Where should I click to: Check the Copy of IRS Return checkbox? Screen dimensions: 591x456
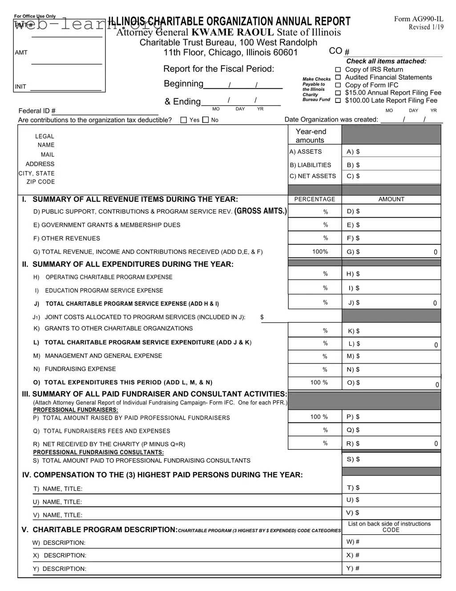click(338, 69)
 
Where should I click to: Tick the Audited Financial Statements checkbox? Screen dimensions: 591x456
click(338, 77)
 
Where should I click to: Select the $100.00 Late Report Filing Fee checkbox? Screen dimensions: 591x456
click(338, 101)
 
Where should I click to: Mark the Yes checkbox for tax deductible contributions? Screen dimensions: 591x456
click(184, 120)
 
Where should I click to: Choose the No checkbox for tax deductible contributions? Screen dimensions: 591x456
click(206, 120)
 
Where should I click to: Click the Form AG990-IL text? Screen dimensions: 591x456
click(418, 19)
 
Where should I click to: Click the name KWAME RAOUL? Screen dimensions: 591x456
click(233, 32)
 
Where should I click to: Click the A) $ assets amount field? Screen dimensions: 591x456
click(391, 151)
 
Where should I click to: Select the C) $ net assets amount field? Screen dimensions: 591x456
click(391, 176)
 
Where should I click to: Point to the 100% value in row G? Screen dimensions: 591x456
click(320, 252)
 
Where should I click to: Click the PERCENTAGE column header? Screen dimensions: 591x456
click(315, 199)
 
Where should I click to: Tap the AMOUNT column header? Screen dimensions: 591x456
click(391, 199)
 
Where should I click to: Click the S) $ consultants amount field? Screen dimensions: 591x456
click(391, 459)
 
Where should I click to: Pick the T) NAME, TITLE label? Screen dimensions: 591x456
click(58, 489)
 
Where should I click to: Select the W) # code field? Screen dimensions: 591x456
click(391, 542)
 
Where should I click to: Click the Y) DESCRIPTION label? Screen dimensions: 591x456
click(60, 569)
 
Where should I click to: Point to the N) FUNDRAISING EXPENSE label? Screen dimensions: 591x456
click(75, 369)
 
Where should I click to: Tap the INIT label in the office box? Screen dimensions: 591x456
click(20, 86)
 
